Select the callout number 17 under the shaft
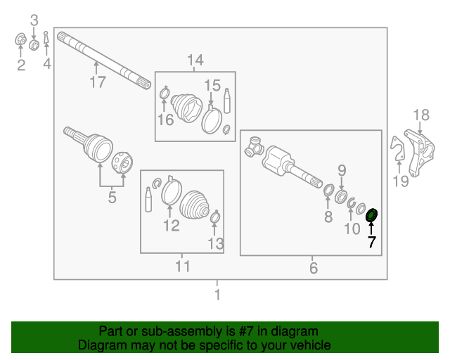[97, 82]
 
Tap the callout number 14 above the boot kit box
[195, 60]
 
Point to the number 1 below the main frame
[217, 295]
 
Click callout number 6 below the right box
[314, 268]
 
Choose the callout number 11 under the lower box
[182, 266]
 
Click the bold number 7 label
[371, 243]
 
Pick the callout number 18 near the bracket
[420, 115]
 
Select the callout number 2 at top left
[21, 65]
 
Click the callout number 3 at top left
[34, 21]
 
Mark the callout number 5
[112, 198]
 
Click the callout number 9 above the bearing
[342, 170]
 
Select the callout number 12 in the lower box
[172, 226]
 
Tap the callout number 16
[165, 120]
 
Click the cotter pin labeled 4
[46, 38]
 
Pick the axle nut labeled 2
[21, 41]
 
